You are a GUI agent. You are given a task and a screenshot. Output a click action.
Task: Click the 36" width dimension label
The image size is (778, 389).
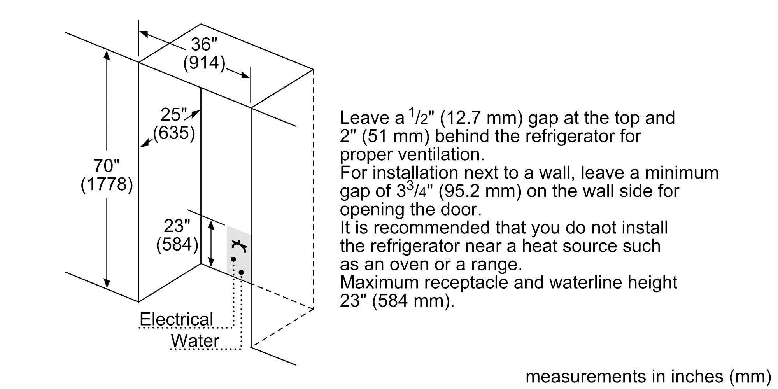(203, 44)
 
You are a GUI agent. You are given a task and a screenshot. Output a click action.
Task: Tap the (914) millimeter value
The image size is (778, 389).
(204, 63)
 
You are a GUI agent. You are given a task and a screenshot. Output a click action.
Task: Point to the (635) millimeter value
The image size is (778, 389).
(174, 133)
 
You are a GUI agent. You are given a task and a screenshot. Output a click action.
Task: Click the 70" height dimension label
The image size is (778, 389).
(106, 166)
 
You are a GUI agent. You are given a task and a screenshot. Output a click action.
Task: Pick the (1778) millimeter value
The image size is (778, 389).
(107, 184)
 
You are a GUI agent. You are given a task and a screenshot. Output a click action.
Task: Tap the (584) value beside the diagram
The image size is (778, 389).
(177, 245)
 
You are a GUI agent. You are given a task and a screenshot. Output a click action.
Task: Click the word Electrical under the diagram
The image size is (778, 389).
(176, 320)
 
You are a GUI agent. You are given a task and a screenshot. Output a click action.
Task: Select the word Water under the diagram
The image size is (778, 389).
(195, 341)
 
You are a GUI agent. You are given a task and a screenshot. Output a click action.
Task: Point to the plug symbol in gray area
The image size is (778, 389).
(240, 246)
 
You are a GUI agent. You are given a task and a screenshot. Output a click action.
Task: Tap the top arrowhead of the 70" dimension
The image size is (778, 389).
(107, 55)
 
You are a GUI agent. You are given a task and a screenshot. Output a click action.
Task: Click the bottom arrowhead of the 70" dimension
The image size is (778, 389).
(107, 284)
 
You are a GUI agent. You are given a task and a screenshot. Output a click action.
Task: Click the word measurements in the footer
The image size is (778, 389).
(585, 377)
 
